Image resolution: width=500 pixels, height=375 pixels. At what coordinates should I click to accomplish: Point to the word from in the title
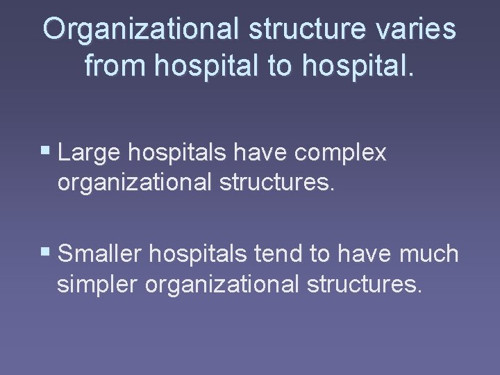click(115, 66)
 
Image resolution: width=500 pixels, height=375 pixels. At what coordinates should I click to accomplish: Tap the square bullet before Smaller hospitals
click(47, 253)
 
